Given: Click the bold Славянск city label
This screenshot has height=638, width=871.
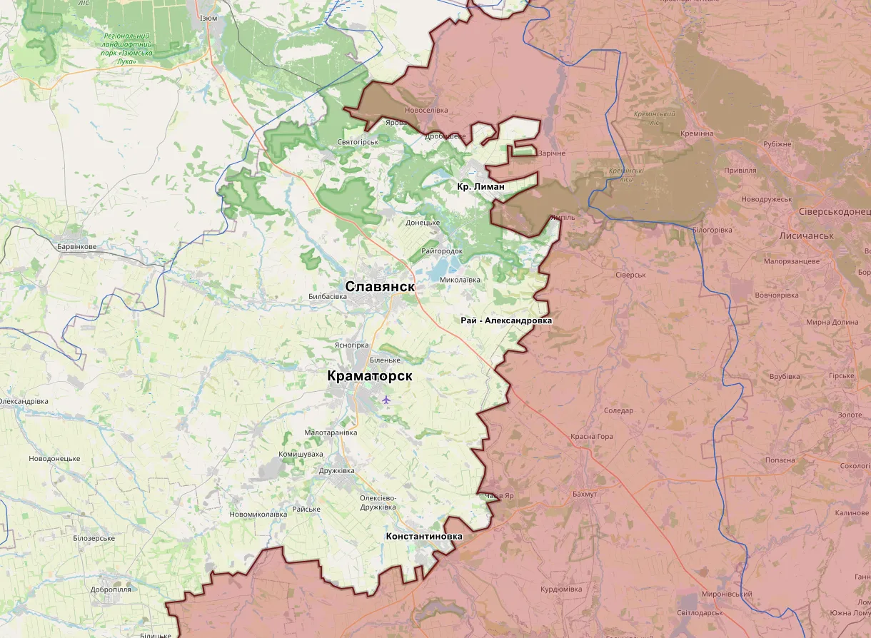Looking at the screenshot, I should click(x=380, y=286).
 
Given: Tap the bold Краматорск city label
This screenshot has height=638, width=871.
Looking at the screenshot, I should click(x=370, y=375).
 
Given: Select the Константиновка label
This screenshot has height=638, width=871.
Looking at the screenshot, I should click(x=423, y=536).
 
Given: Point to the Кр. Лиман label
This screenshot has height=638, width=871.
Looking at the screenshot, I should click(x=480, y=186).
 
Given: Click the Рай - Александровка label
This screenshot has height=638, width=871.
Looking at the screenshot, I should click(x=506, y=320).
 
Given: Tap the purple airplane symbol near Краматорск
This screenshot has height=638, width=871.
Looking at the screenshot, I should click(x=386, y=399).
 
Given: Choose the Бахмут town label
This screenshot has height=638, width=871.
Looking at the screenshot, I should click(x=585, y=494).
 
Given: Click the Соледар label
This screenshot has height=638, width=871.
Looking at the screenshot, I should click(x=618, y=410).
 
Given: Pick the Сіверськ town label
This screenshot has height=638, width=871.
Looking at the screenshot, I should click(x=630, y=275).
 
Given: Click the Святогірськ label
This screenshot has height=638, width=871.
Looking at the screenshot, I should click(x=358, y=142).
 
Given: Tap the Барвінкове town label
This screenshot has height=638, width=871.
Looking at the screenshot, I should click(x=77, y=246).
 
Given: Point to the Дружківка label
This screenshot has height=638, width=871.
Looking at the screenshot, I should click(x=336, y=471).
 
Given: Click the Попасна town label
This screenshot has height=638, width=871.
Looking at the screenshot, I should click(x=780, y=460).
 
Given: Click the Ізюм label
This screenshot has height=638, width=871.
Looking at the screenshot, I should click(x=208, y=18).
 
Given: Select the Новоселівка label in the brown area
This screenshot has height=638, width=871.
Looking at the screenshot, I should click(x=426, y=111).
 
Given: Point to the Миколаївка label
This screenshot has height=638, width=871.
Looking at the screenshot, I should click(x=460, y=280).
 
